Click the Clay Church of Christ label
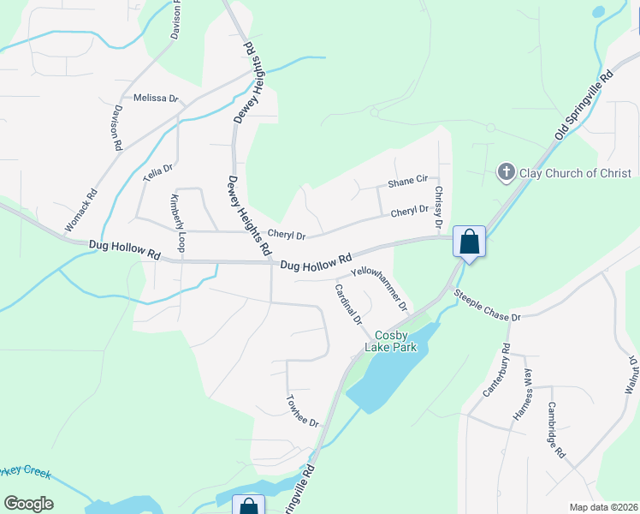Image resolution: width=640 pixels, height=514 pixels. pos(574,173)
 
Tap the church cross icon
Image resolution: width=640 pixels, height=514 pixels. pos(505,173)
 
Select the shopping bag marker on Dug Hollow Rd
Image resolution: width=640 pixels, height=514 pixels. pos(470,242)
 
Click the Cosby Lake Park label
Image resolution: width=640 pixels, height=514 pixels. pos(390,341)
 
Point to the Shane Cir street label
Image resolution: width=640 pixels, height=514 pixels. pos(407,181)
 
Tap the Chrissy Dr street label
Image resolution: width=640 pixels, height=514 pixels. pos(438,207)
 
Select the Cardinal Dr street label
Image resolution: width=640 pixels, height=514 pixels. pos(348,304)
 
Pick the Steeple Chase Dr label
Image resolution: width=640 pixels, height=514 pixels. pos(487,306)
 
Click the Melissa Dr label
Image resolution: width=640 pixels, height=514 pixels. pos(155,99)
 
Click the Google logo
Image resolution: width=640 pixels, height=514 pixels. pos(29,504)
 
